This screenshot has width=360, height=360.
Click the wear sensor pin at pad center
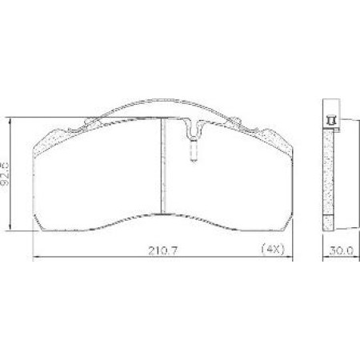[x=193, y=150]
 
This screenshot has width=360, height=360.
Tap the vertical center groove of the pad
[x=162, y=168]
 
